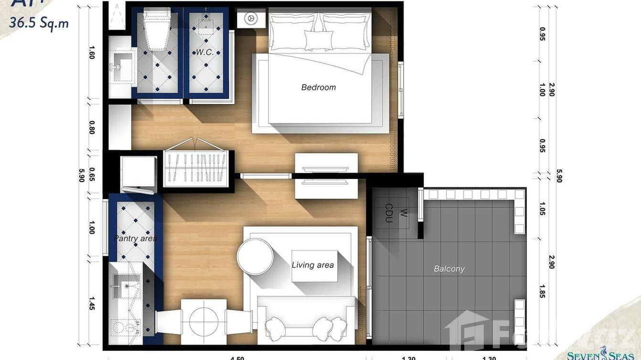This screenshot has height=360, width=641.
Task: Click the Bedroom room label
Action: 319,87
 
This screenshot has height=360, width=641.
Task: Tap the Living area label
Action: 313,265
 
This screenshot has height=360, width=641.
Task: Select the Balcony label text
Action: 449,269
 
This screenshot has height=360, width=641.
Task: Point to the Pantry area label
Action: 135,238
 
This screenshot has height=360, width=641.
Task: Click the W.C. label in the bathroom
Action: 204,52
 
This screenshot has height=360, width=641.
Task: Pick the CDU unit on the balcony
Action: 390,213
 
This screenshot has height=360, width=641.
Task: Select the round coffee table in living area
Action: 255,256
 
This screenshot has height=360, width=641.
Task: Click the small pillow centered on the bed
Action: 319,40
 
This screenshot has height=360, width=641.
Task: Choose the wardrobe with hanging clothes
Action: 195,169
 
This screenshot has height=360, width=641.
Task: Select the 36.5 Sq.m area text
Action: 39,22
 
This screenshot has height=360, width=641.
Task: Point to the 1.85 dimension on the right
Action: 542,291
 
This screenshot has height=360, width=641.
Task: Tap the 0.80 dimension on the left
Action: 92,127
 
